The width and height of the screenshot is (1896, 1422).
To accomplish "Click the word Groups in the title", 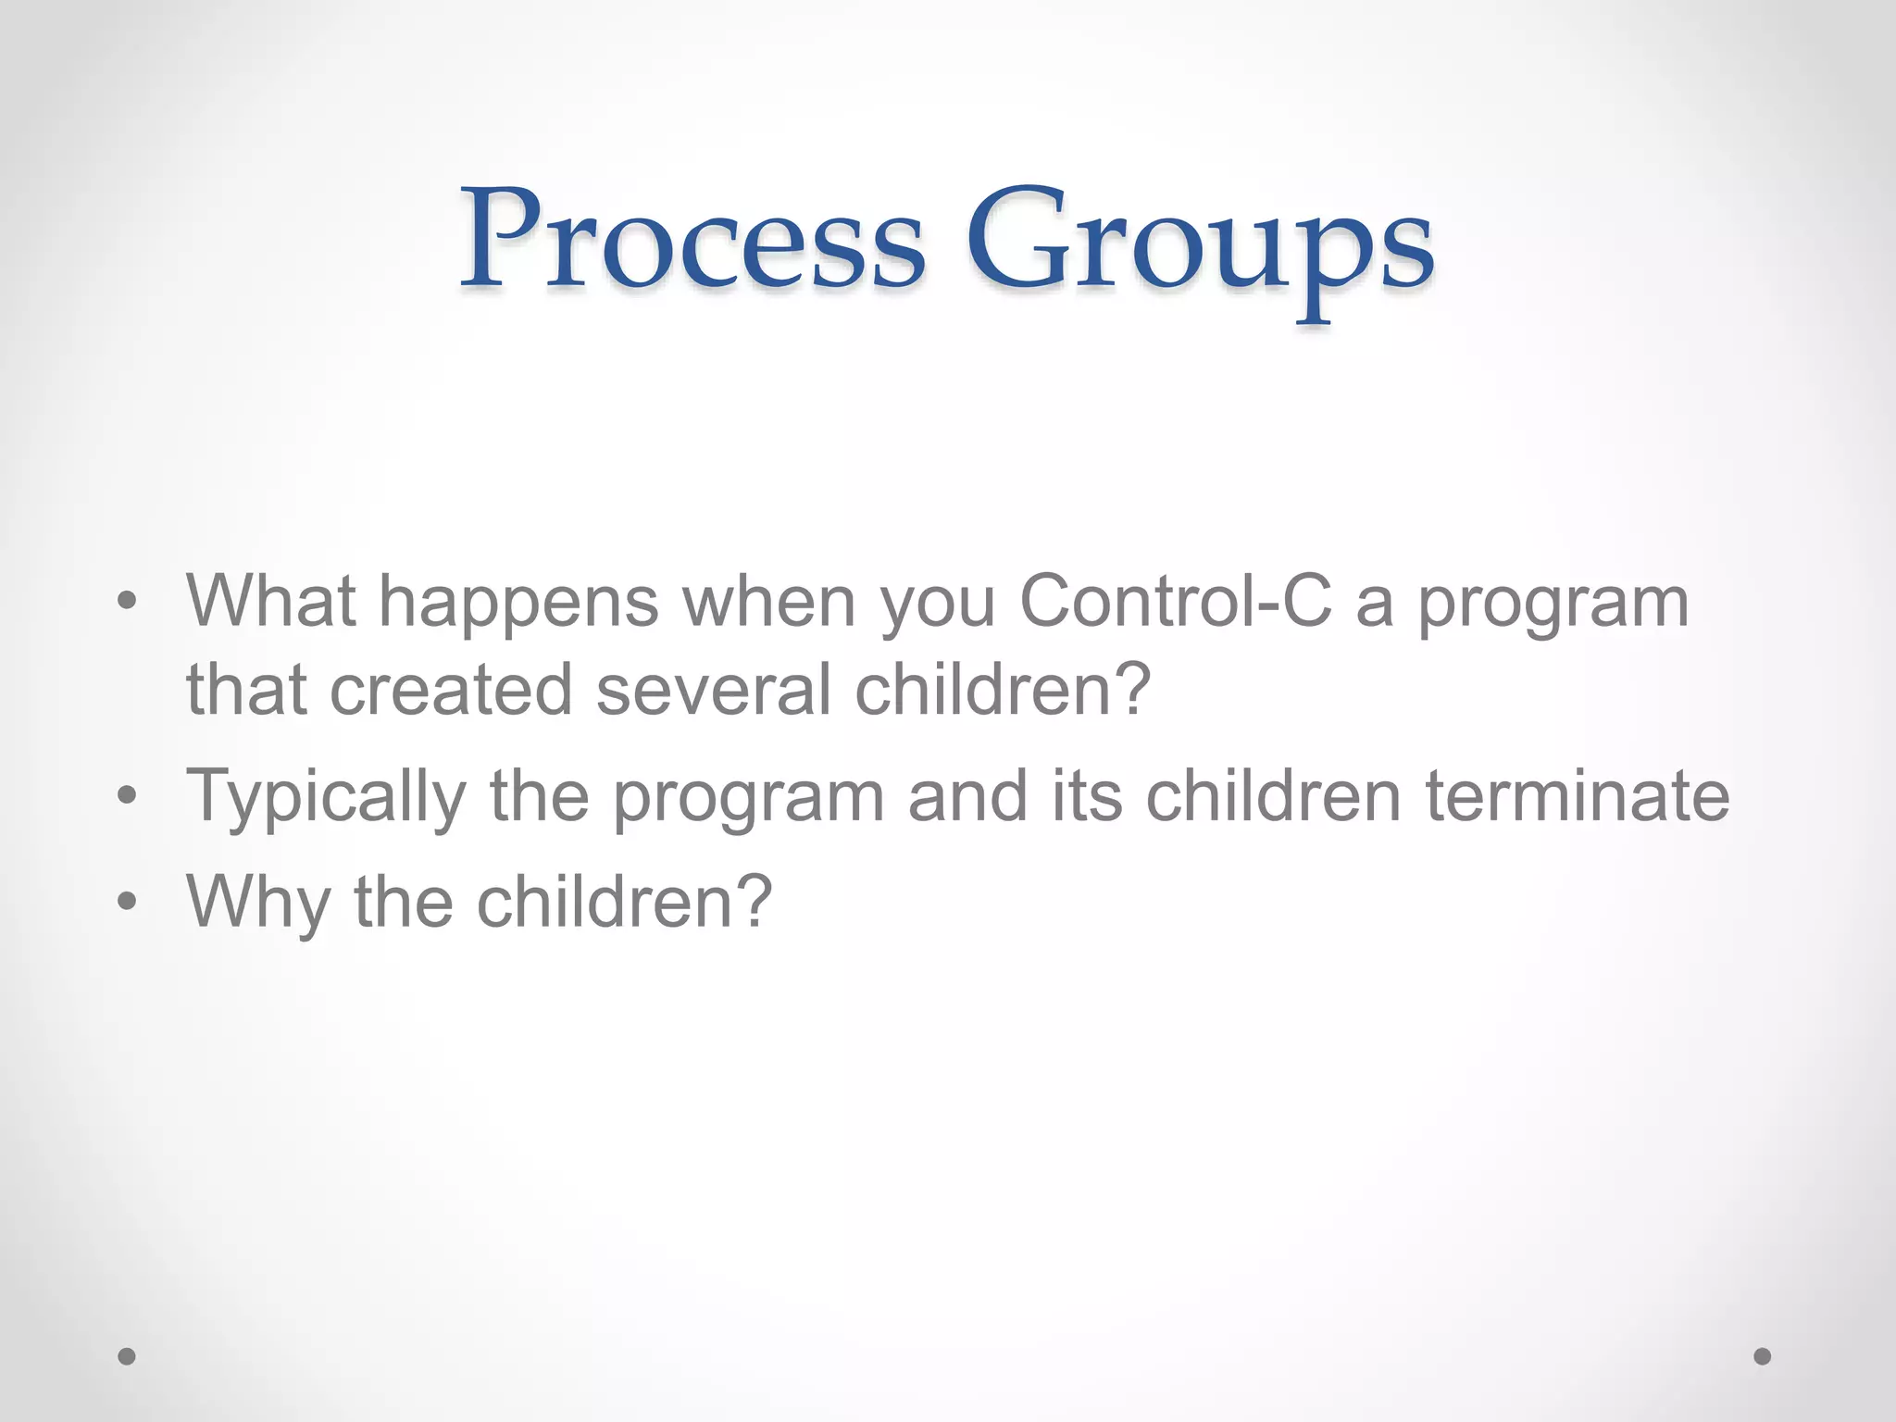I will click(x=1200, y=245).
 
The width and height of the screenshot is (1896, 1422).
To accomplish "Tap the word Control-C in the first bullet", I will click(x=1176, y=602).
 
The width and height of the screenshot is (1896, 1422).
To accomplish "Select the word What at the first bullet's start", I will click(x=270, y=602).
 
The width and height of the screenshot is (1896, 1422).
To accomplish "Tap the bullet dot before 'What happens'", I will click(x=127, y=603).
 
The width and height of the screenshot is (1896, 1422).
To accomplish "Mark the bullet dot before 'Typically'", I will click(x=127, y=795).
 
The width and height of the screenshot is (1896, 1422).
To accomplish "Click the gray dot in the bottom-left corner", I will click(x=127, y=1356).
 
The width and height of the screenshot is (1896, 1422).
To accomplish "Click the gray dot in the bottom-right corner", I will click(x=1763, y=1356).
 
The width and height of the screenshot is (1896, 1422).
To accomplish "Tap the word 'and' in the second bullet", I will click(x=967, y=796).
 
